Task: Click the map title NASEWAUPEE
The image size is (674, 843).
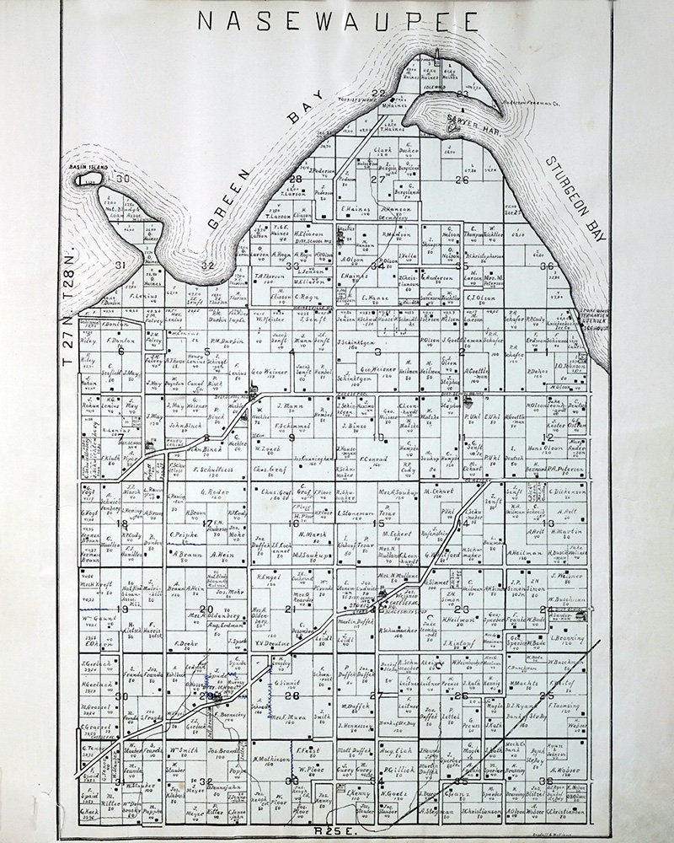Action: click(x=337, y=20)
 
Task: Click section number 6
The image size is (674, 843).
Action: click(x=122, y=351)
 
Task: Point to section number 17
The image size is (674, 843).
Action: click(x=207, y=524)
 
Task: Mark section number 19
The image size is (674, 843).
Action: click(x=123, y=609)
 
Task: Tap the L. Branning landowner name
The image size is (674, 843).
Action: click(x=567, y=638)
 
